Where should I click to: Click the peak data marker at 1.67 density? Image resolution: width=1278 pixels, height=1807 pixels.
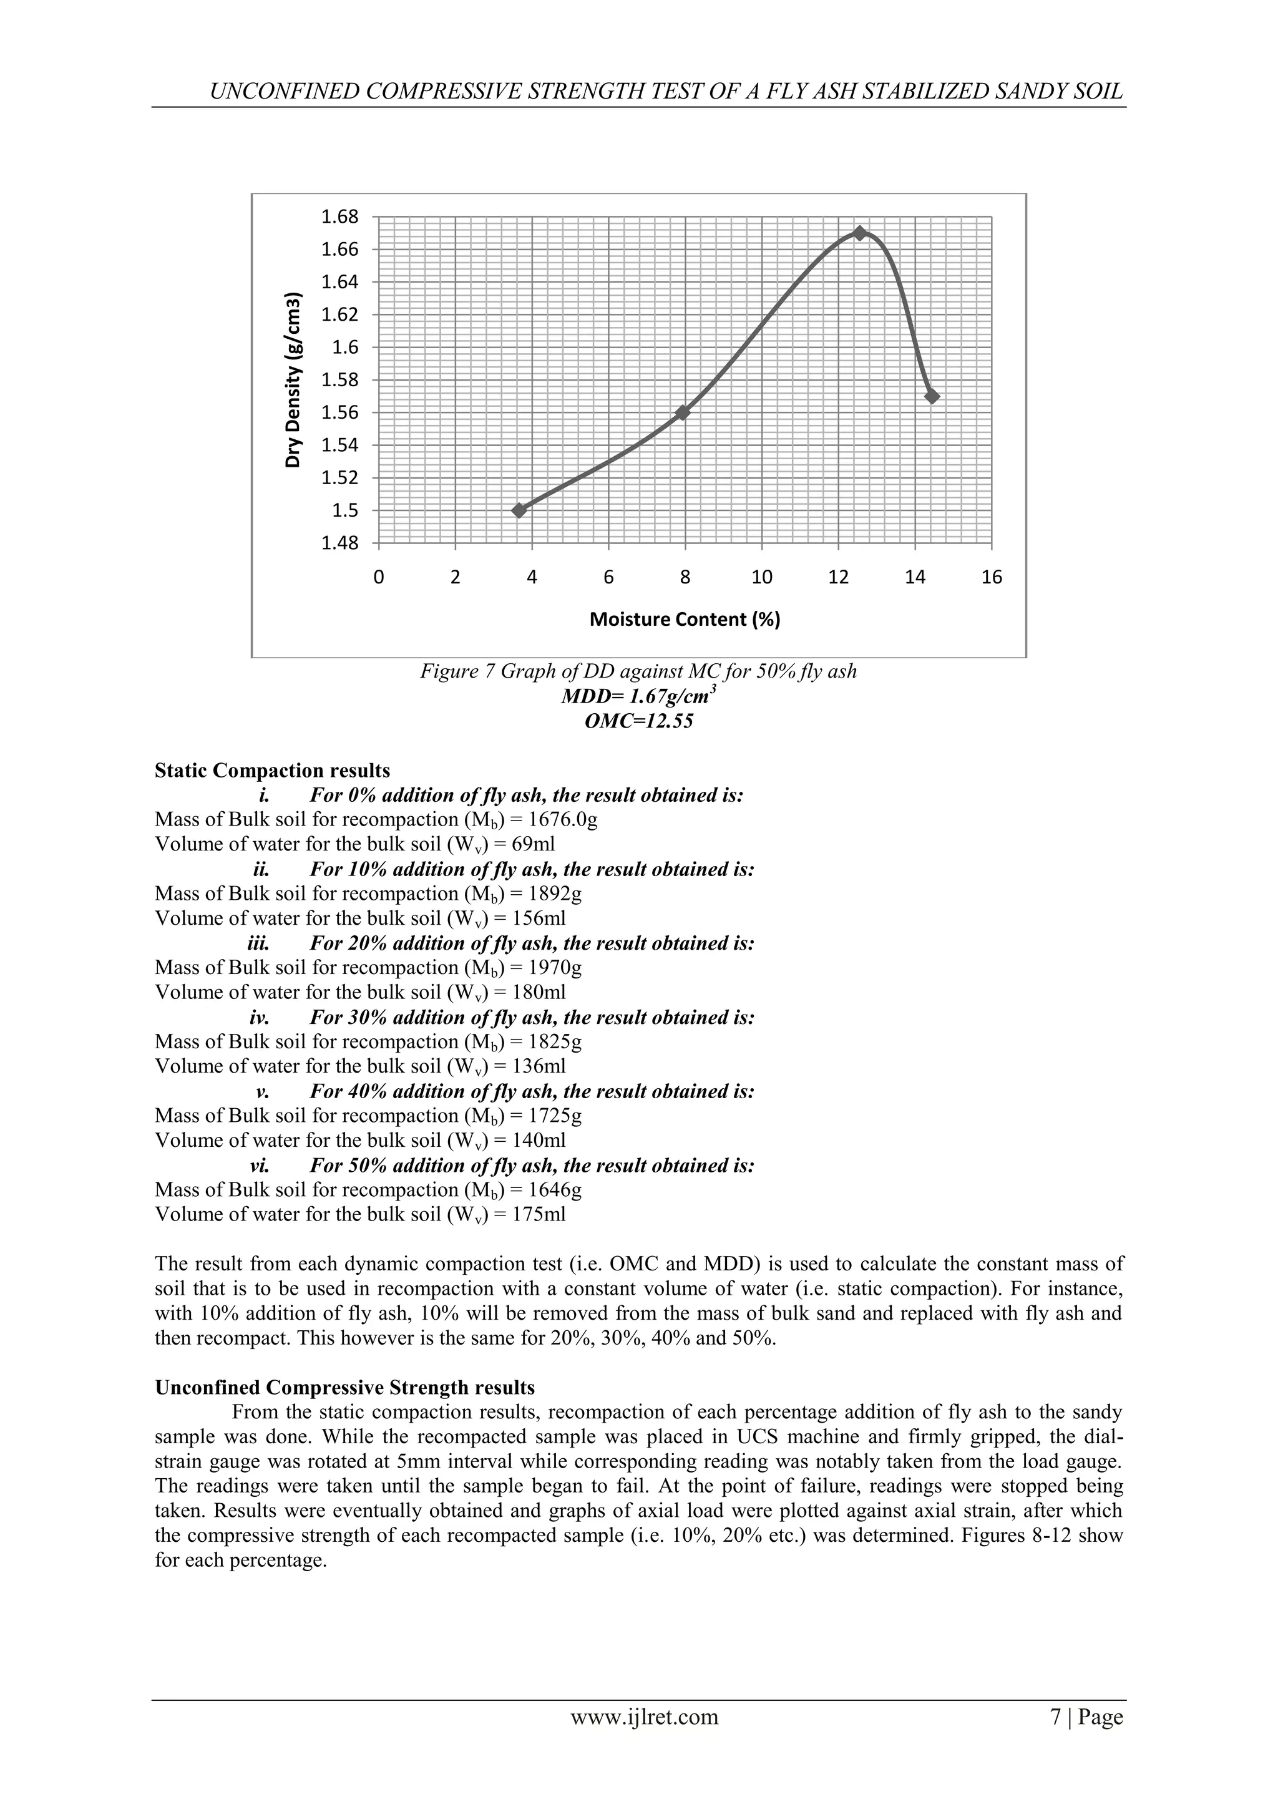click(859, 233)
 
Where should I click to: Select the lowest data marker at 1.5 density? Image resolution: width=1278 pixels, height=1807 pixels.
click(519, 510)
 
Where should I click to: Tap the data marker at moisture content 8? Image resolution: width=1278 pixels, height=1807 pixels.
click(682, 412)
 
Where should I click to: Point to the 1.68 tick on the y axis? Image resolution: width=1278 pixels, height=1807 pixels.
click(339, 217)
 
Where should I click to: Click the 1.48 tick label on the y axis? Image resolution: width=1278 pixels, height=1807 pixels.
click(339, 543)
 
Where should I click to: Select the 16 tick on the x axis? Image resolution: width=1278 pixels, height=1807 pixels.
click(992, 578)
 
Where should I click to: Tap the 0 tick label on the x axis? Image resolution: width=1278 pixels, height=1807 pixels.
click(379, 578)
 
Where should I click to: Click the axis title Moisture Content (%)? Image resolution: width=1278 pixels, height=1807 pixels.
click(685, 620)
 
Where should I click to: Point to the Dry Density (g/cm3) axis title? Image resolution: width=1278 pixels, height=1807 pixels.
click(293, 380)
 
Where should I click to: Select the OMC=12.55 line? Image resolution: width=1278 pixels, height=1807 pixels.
click(638, 721)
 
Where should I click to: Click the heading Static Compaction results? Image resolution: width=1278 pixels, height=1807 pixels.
click(272, 771)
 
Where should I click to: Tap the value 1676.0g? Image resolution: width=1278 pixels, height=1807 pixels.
click(563, 820)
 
